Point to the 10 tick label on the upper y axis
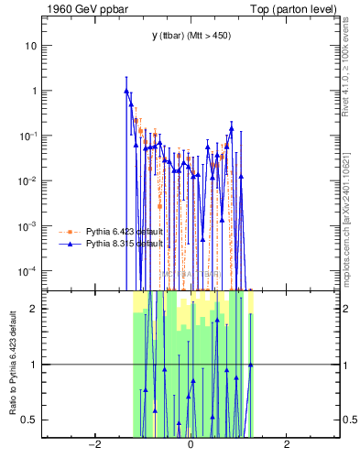pyautogui.click(x=30, y=46)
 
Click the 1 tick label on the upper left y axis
pyautogui.click(x=33, y=91)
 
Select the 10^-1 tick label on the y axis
pyautogui.click(x=28, y=136)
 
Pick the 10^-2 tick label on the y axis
pyautogui.click(x=28, y=180)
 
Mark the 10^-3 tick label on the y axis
pyautogui.click(x=28, y=225)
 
